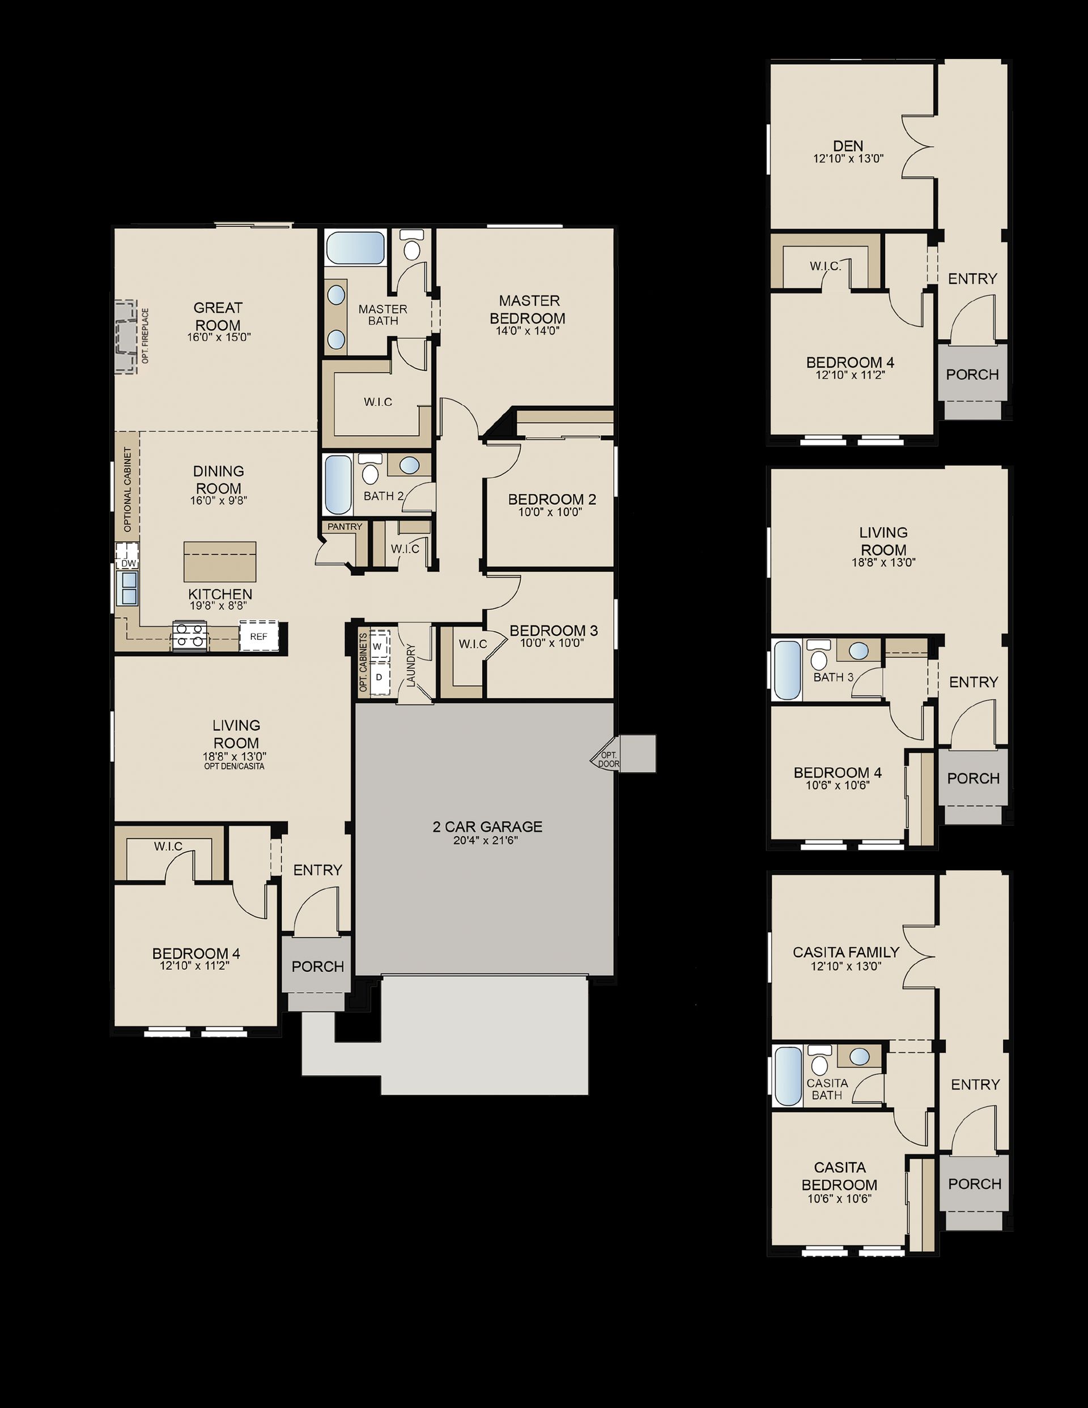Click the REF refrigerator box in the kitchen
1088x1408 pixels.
point(258,636)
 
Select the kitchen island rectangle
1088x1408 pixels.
point(220,562)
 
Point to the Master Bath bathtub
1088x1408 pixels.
point(355,248)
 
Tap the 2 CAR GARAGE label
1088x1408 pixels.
point(487,827)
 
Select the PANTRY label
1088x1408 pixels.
point(345,527)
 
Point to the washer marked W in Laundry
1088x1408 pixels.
point(378,646)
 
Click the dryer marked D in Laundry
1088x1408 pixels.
point(379,678)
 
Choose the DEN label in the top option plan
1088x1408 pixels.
point(848,146)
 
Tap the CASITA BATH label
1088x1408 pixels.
point(827,1089)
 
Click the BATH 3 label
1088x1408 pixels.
point(833,677)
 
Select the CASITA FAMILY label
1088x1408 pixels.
point(846,951)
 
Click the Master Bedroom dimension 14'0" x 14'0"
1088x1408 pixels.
point(528,331)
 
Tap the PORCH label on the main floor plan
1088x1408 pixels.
point(317,967)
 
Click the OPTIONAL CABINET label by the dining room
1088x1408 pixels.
point(127,490)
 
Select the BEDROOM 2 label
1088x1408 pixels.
point(552,499)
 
